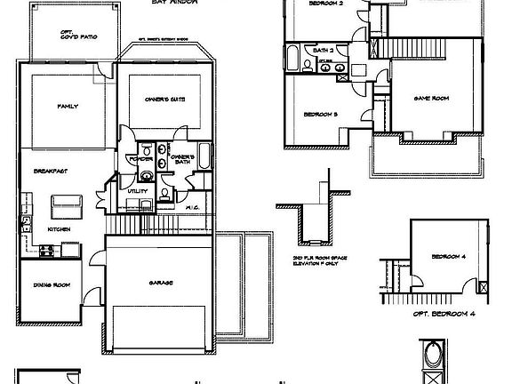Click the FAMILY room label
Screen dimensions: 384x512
pos(68,107)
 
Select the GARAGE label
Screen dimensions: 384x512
pos(161,283)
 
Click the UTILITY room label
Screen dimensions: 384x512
pos(137,191)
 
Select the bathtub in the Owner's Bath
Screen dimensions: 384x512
pos(206,157)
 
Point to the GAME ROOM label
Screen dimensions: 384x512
pos(429,98)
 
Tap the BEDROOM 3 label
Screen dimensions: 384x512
pos(321,115)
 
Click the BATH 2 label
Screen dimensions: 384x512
pos(324,51)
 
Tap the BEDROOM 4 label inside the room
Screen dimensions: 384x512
pos(446,257)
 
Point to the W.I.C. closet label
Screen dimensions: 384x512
pos(191,207)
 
